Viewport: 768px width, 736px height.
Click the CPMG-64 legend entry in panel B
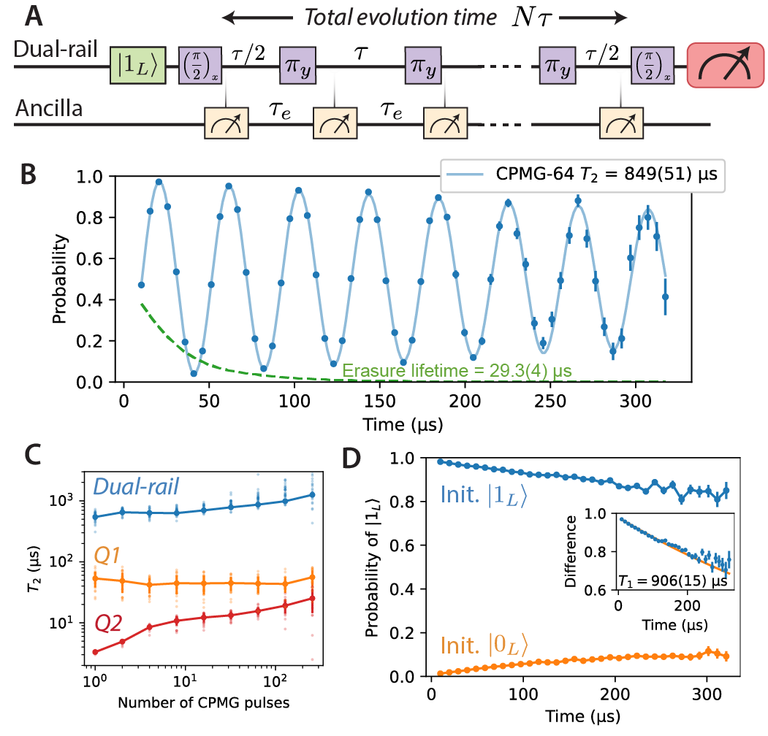click(x=582, y=175)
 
